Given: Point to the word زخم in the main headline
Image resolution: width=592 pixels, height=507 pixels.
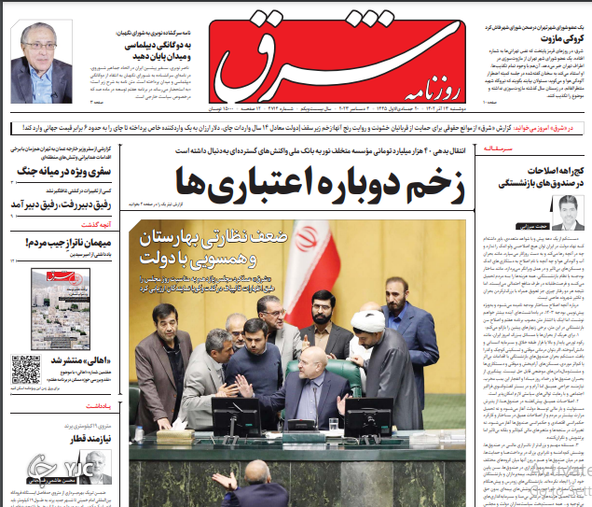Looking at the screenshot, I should coord(433,182).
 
